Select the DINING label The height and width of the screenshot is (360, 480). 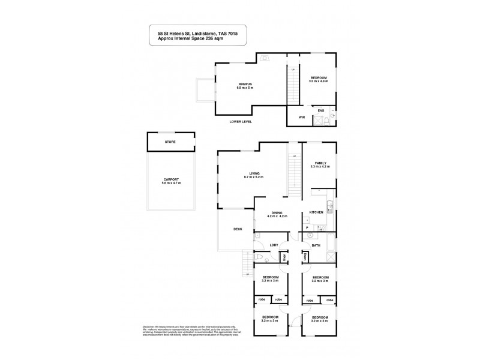[277, 212]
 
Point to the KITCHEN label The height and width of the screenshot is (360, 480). [316, 212]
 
